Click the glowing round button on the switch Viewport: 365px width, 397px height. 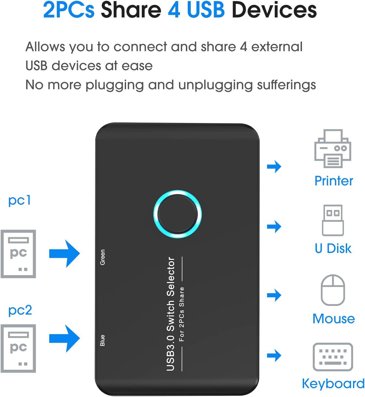point(177,214)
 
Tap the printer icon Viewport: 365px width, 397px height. point(333,148)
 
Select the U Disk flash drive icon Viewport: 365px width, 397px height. point(333,220)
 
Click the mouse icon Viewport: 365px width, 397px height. point(333,290)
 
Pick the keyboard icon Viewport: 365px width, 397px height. point(333,357)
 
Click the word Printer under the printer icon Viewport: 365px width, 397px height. point(334,181)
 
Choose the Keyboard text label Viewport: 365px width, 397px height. point(333,384)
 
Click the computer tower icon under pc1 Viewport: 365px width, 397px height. point(18,254)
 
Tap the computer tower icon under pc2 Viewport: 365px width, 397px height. point(18,349)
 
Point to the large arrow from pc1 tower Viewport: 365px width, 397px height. point(65,254)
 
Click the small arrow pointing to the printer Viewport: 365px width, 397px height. point(274,166)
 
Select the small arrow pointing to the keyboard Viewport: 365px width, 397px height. point(274,355)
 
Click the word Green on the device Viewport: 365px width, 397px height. point(103,257)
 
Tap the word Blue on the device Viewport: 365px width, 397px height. point(103,341)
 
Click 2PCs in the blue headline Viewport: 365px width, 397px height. point(69,10)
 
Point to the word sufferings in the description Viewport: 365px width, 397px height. point(286,85)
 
